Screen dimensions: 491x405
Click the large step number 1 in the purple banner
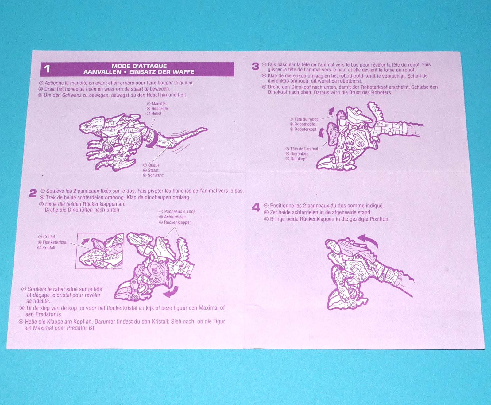coord(47,69)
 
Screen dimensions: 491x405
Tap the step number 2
coord(33,193)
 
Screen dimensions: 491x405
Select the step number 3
coord(255,66)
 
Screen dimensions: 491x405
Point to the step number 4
coord(256,208)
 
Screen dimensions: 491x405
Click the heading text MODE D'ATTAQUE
coord(139,66)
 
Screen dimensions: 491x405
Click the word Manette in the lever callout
coord(159,104)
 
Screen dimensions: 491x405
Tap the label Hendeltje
coord(160,109)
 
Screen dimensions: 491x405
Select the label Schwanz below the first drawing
coord(156,175)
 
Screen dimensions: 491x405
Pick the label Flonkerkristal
coord(55,242)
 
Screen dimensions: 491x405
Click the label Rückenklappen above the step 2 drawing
coord(178,222)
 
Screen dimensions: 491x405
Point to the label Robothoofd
coord(305,124)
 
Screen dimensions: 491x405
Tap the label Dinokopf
coord(298,159)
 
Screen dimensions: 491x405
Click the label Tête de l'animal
coord(304,149)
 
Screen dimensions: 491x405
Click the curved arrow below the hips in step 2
coord(172,292)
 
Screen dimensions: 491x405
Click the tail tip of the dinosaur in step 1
coord(206,129)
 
